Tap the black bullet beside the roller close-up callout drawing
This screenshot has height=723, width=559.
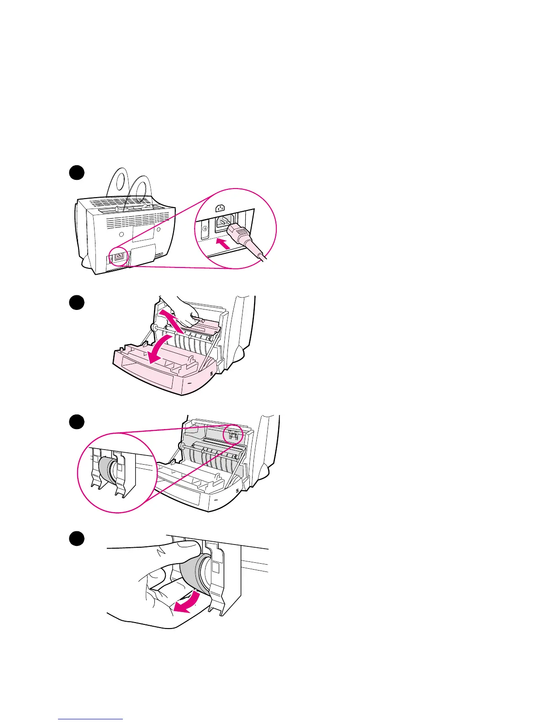pyautogui.click(x=77, y=421)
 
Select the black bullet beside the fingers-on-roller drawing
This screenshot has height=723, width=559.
pyautogui.click(x=77, y=538)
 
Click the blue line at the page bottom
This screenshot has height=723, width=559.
pyautogui.click(x=90, y=719)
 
